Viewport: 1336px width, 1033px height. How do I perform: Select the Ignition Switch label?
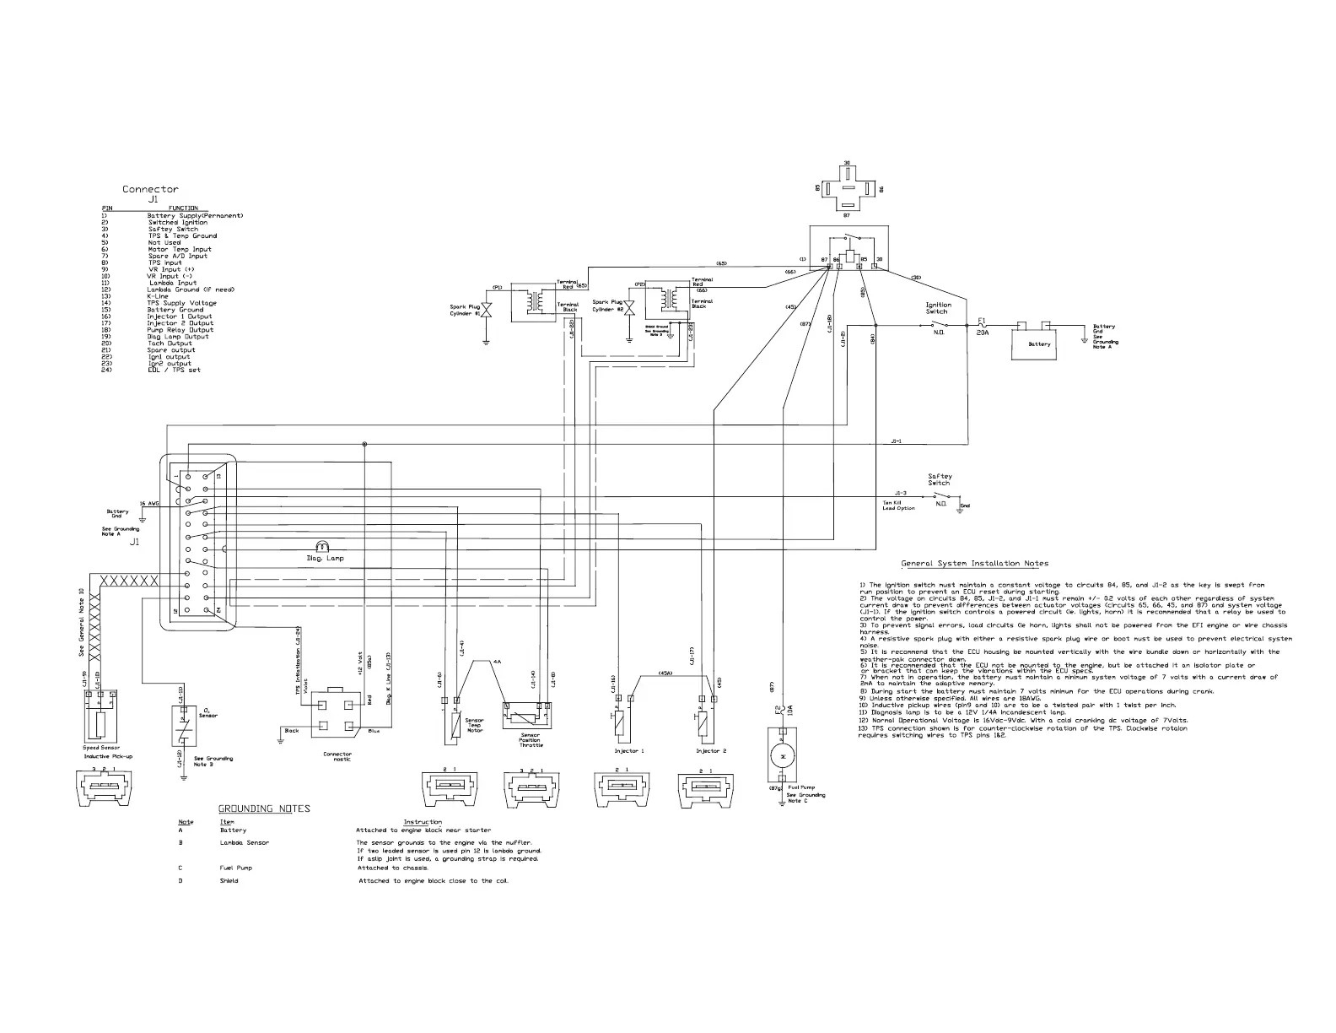click(x=938, y=308)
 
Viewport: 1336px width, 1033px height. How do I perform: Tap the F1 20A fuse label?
click(x=982, y=327)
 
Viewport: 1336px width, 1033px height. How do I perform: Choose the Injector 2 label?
click(x=711, y=750)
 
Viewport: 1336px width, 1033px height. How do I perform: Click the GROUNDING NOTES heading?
click(x=264, y=809)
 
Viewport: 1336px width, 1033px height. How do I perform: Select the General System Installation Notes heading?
click(x=974, y=564)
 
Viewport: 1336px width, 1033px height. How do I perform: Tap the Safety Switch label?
click(x=940, y=479)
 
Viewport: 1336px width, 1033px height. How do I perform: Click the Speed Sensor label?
click(x=101, y=748)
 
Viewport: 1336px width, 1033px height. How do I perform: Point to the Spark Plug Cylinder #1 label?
click(x=465, y=310)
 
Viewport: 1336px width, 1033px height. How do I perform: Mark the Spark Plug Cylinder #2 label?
click(x=607, y=306)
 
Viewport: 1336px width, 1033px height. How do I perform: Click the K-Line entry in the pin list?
click(x=158, y=296)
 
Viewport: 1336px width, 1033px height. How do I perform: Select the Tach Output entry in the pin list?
click(x=170, y=343)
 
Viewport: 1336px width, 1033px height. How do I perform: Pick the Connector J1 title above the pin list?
click(x=150, y=193)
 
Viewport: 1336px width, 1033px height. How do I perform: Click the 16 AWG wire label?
click(x=149, y=503)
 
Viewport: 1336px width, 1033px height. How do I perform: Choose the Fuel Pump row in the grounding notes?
click(x=235, y=868)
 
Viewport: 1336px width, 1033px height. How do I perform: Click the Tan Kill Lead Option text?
click(x=899, y=506)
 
